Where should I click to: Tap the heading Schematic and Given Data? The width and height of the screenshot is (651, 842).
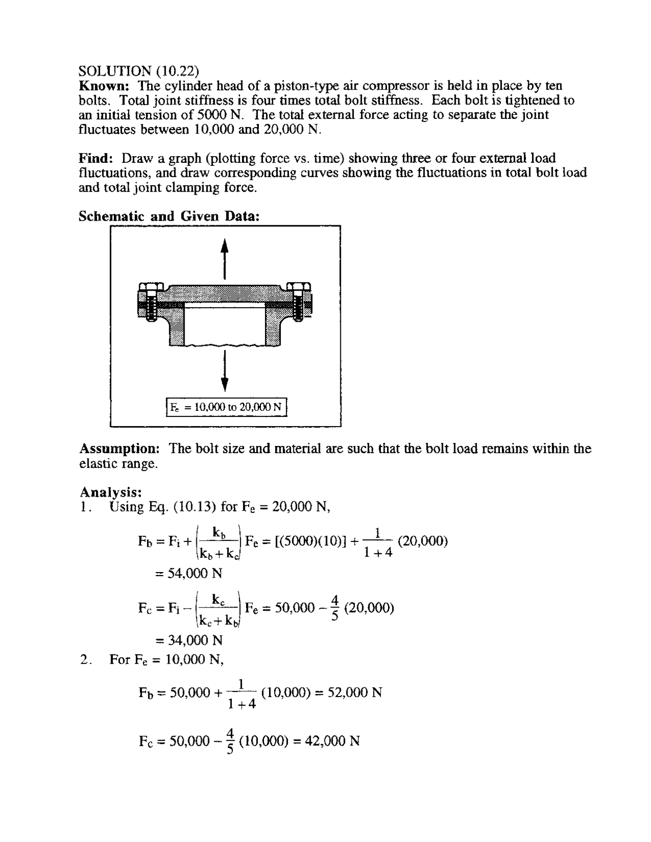click(169, 217)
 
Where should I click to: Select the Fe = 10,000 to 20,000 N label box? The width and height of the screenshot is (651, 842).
click(227, 407)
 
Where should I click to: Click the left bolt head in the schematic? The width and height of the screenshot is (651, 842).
click(150, 288)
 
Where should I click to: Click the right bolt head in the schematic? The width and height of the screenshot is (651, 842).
click(299, 288)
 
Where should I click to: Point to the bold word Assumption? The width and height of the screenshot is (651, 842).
click(120, 449)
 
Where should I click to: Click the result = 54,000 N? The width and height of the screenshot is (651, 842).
click(189, 574)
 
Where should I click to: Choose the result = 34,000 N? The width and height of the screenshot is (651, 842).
click(189, 640)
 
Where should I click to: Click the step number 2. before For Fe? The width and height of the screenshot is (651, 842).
click(85, 660)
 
